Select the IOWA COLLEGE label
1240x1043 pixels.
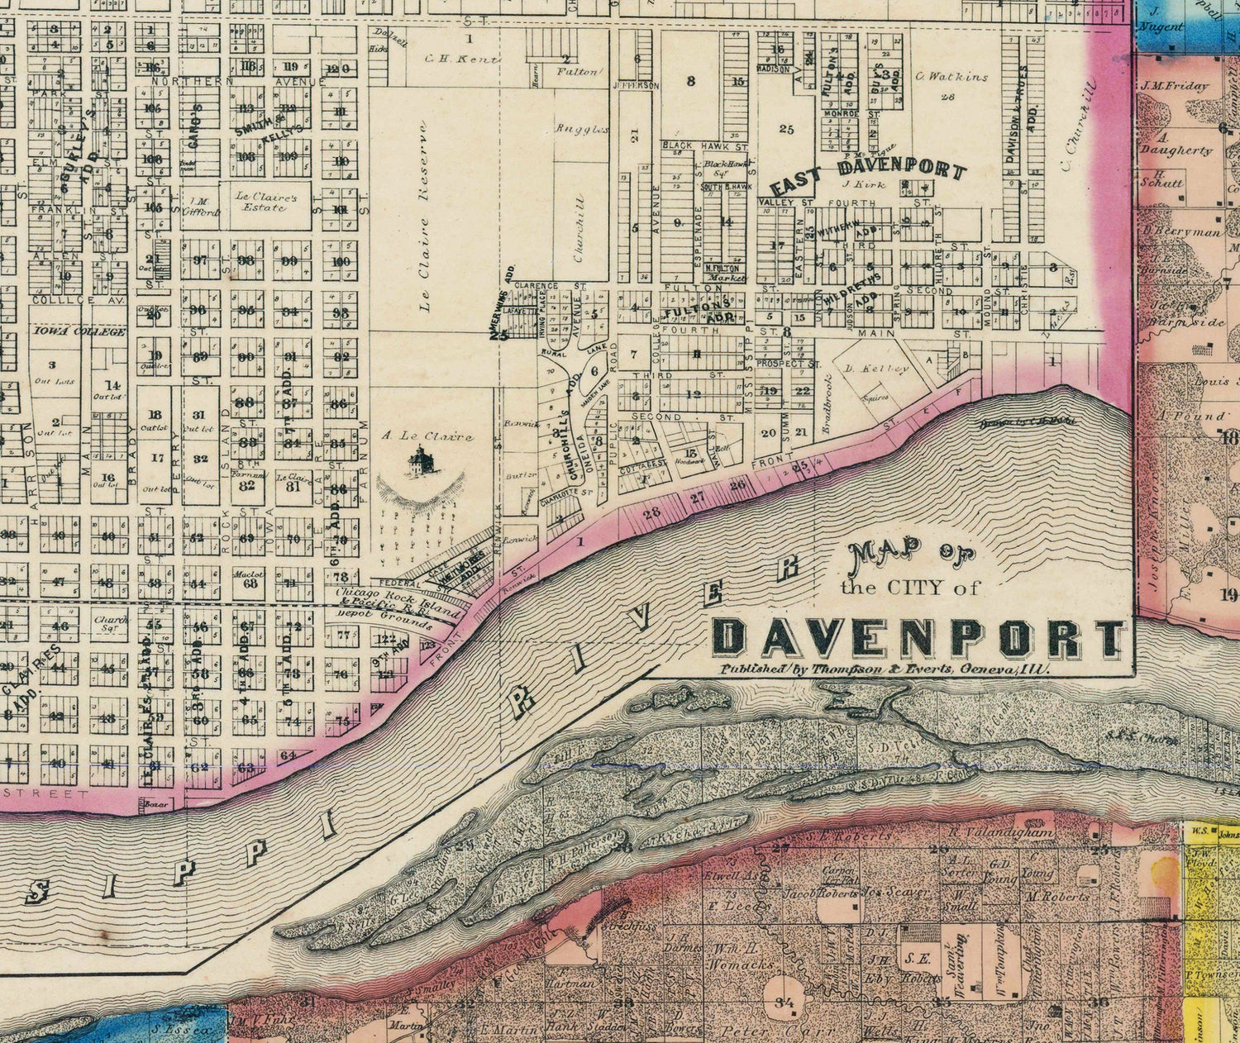tap(80, 332)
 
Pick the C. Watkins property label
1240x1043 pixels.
tap(951, 77)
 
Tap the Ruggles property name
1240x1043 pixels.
tap(580, 129)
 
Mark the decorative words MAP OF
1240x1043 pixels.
tap(914, 559)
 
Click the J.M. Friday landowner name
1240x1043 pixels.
tap(1175, 85)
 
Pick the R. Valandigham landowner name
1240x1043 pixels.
tap(1001, 833)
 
